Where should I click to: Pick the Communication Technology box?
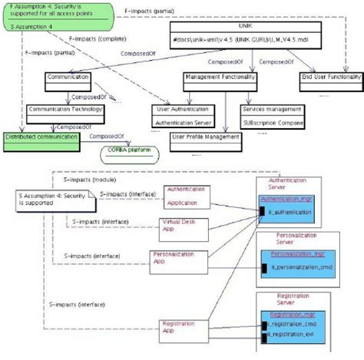coord(66,108)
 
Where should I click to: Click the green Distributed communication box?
coord(41,137)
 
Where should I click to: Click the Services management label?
coord(273,109)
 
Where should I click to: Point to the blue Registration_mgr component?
coord(301,313)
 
